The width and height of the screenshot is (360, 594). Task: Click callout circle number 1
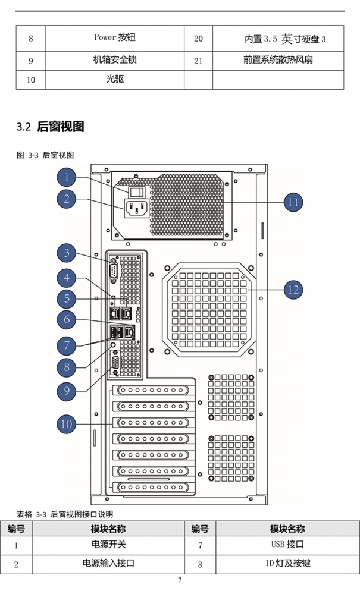pos(66,177)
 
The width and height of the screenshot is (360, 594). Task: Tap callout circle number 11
pos(294,202)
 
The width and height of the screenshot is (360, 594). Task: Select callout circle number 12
pos(294,290)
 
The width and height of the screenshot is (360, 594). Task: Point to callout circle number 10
pos(66,423)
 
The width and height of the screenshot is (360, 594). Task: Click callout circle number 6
pos(66,319)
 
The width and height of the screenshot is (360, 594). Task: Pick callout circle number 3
pos(66,253)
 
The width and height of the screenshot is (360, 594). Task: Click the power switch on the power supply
pos(136,192)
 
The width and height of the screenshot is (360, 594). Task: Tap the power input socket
pos(136,208)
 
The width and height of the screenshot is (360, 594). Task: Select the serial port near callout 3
pos(113,271)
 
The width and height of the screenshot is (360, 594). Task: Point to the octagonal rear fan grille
pos(209,310)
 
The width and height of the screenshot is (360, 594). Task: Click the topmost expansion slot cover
pos(153,390)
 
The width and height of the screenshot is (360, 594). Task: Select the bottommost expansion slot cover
pos(153,487)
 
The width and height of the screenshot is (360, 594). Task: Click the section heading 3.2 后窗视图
pos(50,127)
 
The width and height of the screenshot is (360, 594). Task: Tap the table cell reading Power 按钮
pos(115,37)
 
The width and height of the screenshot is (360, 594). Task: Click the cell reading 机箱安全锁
pos(115,60)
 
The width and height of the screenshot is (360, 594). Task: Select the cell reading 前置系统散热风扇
pos(278,60)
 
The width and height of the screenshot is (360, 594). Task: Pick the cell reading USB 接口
pos(287,545)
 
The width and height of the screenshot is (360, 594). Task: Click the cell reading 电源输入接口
pos(108,563)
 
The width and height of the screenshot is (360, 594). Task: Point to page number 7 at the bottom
pos(180,580)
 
